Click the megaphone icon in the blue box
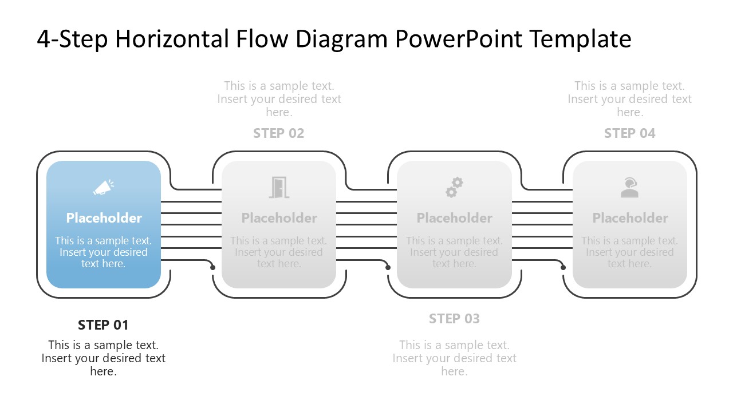(x=104, y=188)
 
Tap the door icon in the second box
(x=279, y=188)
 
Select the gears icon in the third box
(x=454, y=188)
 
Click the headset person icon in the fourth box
(x=629, y=188)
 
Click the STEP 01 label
(x=103, y=325)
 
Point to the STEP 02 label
(x=279, y=133)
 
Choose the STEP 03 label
(x=454, y=319)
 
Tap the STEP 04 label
(x=629, y=133)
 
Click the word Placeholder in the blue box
(x=104, y=218)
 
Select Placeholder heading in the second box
(x=279, y=218)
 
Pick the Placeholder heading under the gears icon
(x=454, y=218)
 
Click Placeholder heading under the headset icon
(x=630, y=218)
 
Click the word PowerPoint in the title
(x=458, y=39)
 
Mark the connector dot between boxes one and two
(x=213, y=267)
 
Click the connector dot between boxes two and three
(x=388, y=267)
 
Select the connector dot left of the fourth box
(x=563, y=267)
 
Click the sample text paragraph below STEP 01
(x=103, y=358)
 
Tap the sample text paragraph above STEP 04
(x=629, y=99)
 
